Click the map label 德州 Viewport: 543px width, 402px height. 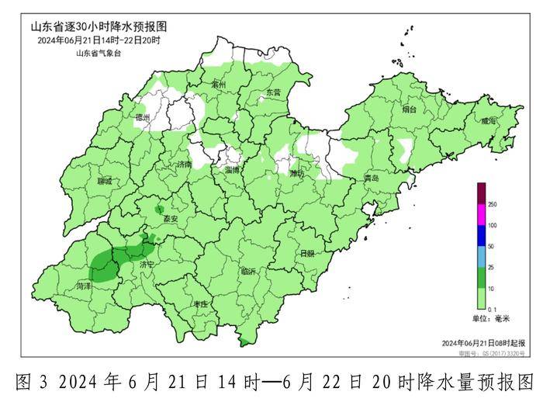[x=142, y=118]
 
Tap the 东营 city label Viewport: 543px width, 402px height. [x=274, y=92]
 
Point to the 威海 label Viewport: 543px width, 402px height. [x=487, y=121]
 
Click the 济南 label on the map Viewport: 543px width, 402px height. [x=184, y=165]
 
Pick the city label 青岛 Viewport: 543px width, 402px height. [x=372, y=178]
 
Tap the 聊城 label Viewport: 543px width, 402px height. [x=105, y=181]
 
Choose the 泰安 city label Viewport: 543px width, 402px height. [x=171, y=220]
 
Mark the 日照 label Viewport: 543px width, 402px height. [x=306, y=254]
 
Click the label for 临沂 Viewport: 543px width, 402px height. [x=249, y=272]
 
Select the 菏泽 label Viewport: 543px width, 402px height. [x=84, y=286]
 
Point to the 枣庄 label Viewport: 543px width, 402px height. [x=200, y=304]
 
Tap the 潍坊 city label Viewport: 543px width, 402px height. [x=297, y=173]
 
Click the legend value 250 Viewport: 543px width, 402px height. [x=492, y=203]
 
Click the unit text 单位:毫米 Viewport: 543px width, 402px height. [x=490, y=319]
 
